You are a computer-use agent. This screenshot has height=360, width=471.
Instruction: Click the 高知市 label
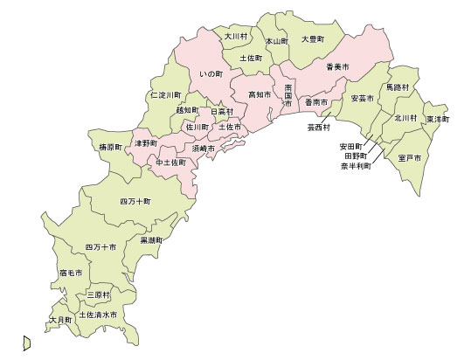coord(260,93)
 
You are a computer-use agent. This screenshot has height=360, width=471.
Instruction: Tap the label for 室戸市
coord(408,157)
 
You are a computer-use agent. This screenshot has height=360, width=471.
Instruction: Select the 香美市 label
coord(337,66)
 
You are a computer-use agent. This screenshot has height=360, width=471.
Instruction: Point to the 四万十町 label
coord(135,201)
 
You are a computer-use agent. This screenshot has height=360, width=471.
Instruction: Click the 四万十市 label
coord(101,247)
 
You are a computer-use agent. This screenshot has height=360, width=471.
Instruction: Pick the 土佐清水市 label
coord(98,315)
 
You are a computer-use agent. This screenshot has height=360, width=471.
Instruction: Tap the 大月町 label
coord(61,321)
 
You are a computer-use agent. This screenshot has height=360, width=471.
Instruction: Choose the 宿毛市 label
coord(71,273)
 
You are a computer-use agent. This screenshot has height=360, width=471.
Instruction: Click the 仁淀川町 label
coord(166,93)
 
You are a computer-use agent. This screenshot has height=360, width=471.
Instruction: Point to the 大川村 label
coord(236,37)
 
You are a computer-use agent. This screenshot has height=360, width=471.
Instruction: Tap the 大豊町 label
coord(312,39)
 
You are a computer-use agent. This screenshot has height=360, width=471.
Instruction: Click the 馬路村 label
coord(398,88)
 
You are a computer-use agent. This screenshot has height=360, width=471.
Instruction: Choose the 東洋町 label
coord(437,118)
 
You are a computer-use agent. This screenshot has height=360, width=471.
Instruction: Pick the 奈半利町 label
coord(356,165)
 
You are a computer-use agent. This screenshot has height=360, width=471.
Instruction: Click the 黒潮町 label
coord(152,239)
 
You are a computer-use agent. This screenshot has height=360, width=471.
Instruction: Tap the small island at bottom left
coord(27,343)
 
